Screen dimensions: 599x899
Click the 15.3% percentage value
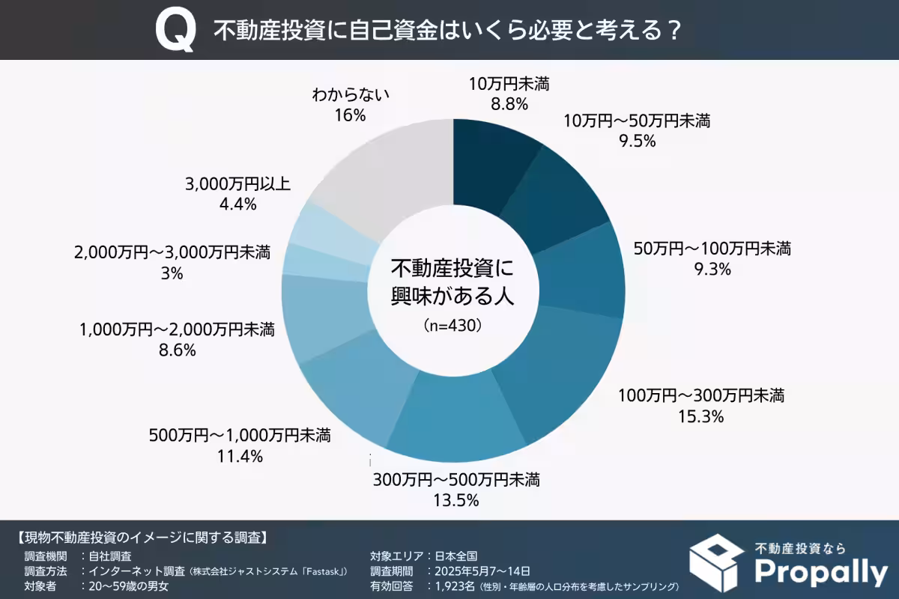coord(700,417)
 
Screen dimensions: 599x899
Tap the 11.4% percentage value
coord(240,456)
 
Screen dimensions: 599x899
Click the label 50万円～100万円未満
coord(712,248)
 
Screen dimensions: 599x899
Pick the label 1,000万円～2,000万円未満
coord(177,329)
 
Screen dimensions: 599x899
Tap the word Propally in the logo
coord(820,572)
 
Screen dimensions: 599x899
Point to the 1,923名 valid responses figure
coord(450,586)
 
